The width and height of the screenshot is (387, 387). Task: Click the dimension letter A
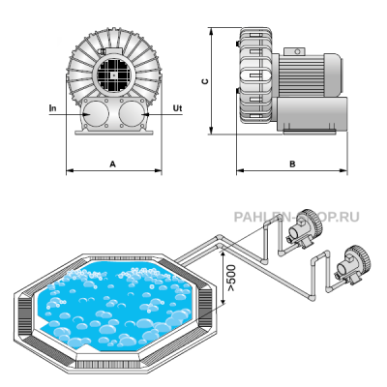(112, 164)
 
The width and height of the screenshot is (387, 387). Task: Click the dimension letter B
(292, 164)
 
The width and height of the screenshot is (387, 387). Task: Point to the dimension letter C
(205, 81)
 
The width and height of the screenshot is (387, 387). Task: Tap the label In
(52, 108)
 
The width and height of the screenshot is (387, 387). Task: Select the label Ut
(177, 108)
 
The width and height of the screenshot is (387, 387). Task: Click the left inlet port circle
(96, 113)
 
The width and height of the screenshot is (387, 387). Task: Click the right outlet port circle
(132, 113)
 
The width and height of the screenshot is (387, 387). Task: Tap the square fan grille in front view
(113, 75)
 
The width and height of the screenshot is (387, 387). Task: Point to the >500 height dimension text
(231, 278)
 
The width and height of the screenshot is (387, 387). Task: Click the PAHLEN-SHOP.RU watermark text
(296, 217)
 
